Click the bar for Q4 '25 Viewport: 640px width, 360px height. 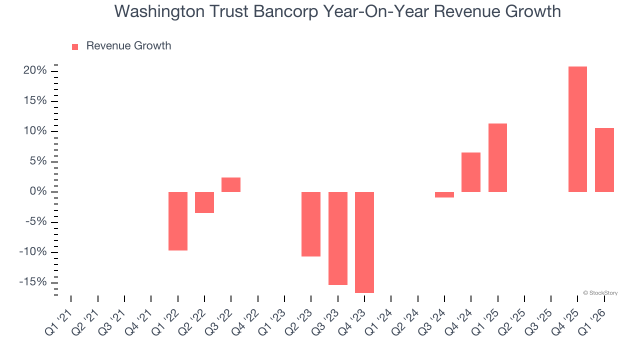577,129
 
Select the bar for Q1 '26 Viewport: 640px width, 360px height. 604,160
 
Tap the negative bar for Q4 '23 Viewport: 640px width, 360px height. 364,242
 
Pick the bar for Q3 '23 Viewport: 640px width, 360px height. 337,238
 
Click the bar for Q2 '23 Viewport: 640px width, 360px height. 311,224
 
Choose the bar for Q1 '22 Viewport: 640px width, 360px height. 178,221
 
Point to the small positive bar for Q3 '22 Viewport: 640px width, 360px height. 231,184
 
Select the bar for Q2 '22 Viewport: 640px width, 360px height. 204,202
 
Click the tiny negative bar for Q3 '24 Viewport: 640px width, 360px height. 444,194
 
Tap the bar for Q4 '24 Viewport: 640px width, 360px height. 471,172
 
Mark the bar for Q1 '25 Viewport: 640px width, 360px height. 497,157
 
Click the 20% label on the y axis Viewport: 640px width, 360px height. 35,71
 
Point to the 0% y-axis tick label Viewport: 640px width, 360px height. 38,192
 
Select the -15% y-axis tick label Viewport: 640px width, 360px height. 33,282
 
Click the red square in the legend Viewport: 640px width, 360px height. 75,46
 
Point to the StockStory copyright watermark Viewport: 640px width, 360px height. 600,293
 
